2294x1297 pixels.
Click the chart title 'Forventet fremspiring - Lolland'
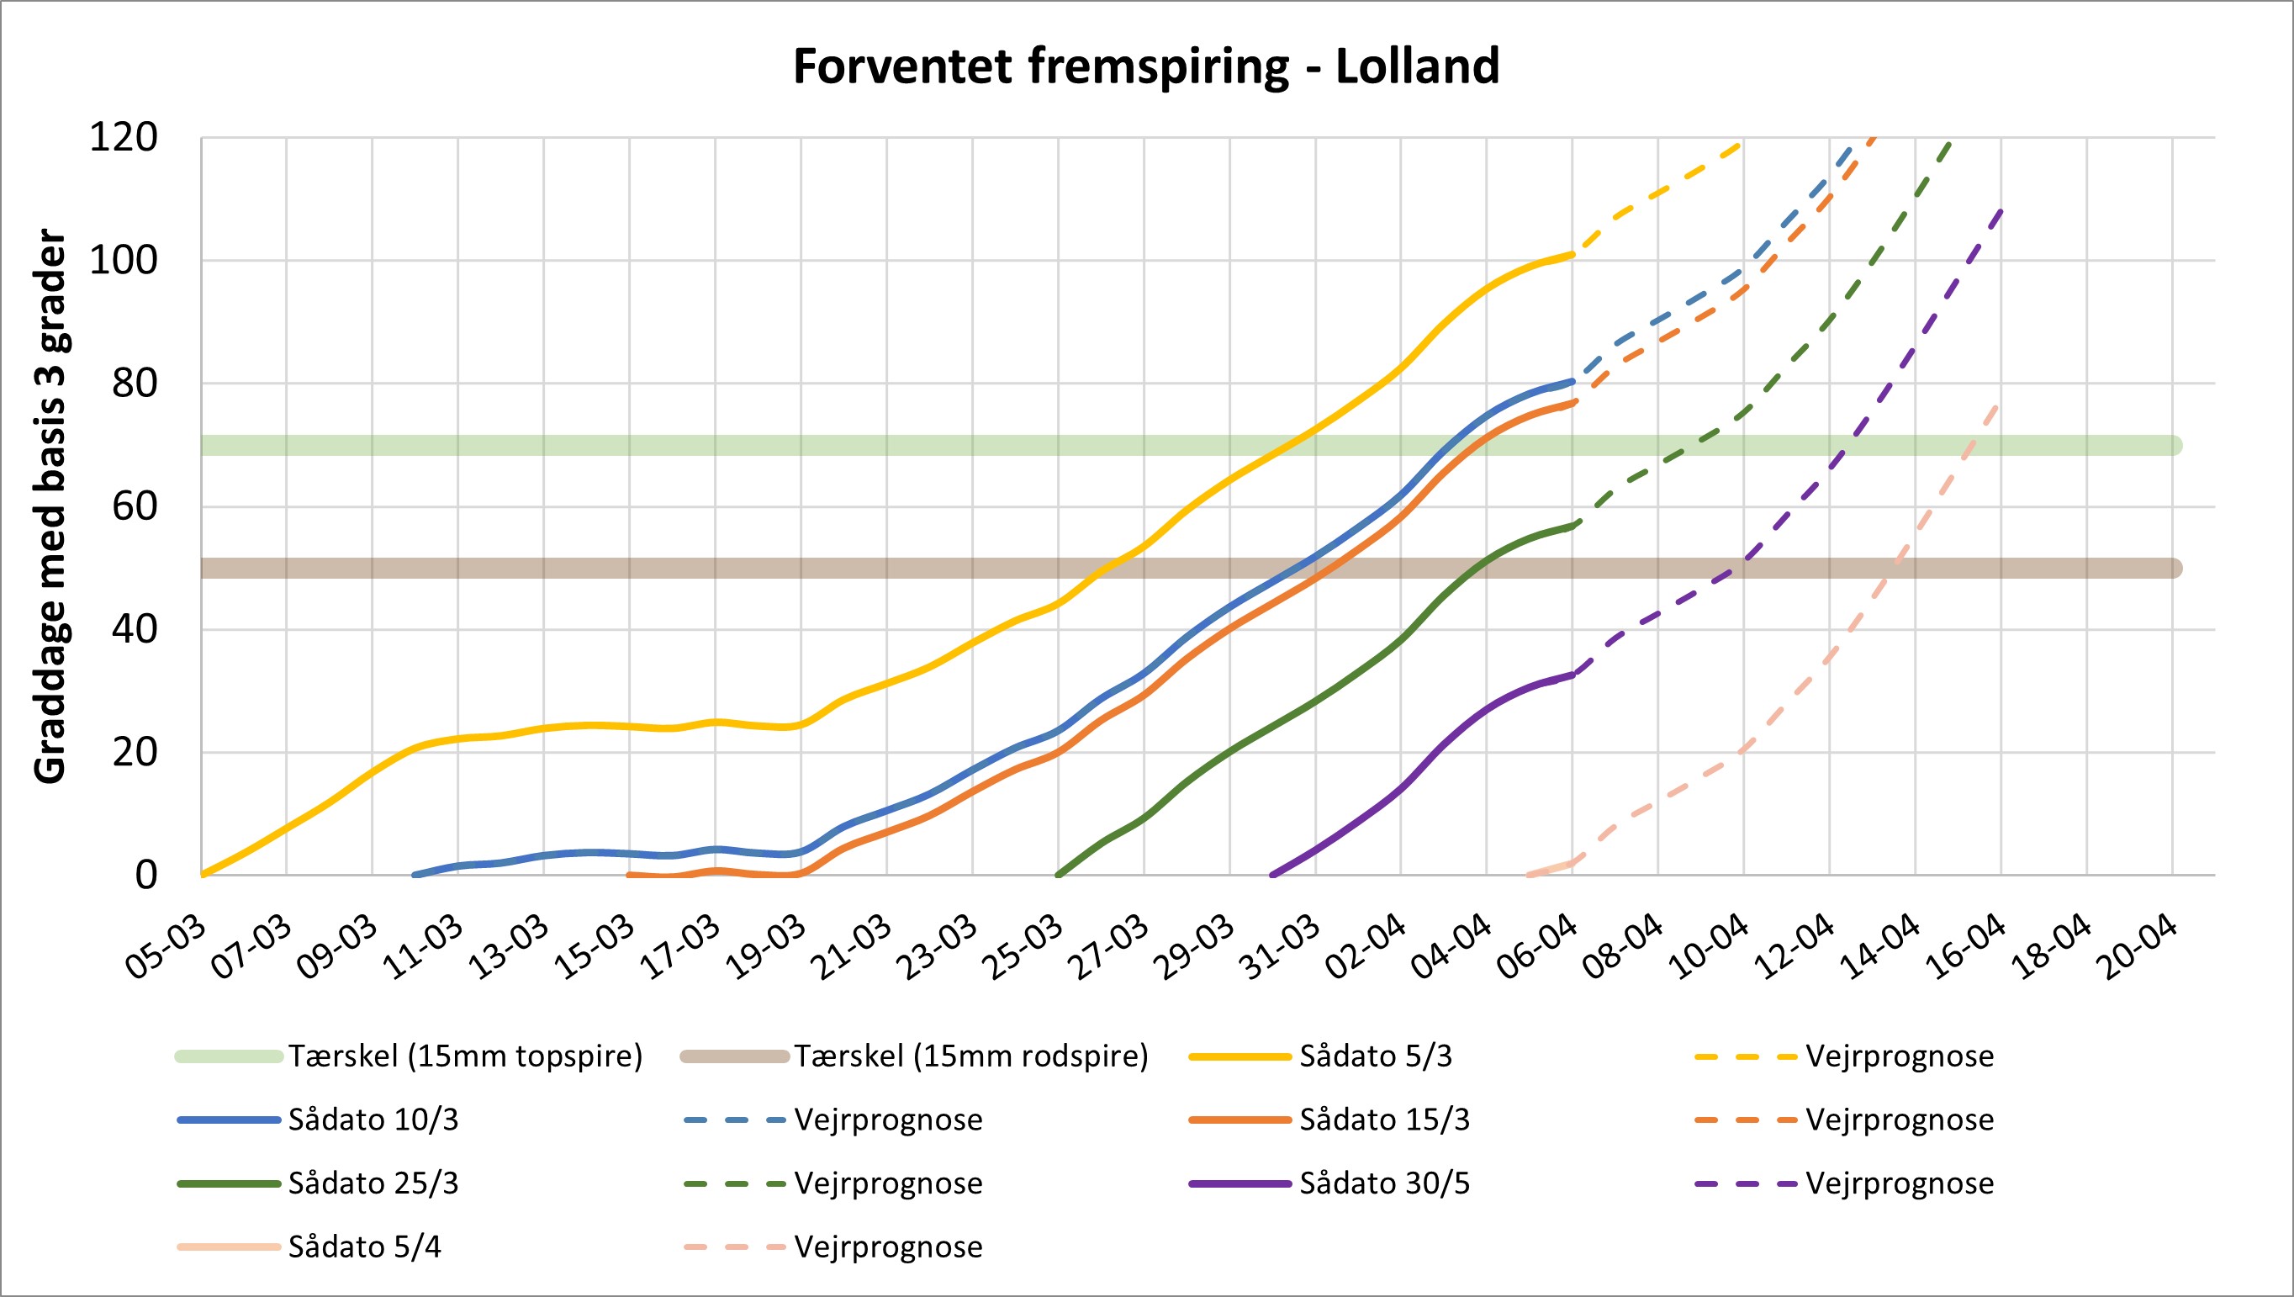pyautogui.click(x=1146, y=66)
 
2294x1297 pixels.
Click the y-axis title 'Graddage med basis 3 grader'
pyautogui.click(x=50, y=507)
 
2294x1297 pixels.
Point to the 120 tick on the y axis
pyautogui.click(x=124, y=138)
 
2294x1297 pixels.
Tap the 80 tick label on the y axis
pyautogui.click(x=135, y=384)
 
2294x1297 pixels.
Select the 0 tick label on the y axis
pyautogui.click(x=146, y=876)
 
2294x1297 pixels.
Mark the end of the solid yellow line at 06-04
pyautogui.click(x=1572, y=255)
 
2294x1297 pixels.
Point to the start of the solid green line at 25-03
pyautogui.click(x=1059, y=875)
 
